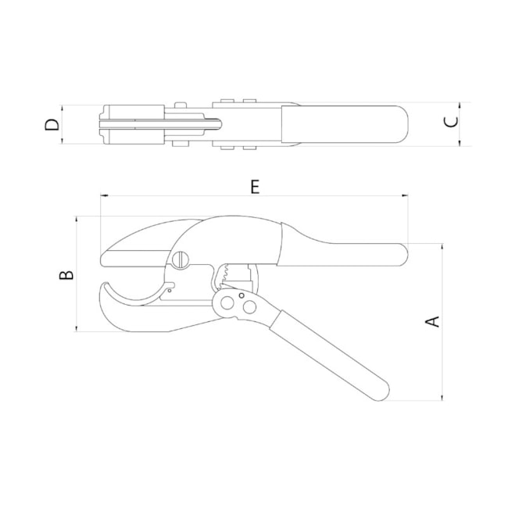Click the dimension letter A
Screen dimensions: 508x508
[x=432, y=321]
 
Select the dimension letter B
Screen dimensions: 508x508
[x=68, y=274]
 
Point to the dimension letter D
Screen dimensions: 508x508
[x=52, y=124]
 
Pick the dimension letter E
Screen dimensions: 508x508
[x=254, y=186]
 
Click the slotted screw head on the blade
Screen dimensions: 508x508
[x=183, y=259]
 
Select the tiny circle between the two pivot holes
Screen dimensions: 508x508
[x=241, y=295]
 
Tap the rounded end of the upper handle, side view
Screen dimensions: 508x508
[x=402, y=253]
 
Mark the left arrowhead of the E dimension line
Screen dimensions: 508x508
[x=102, y=195]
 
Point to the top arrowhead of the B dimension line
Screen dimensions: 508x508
[x=77, y=220]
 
